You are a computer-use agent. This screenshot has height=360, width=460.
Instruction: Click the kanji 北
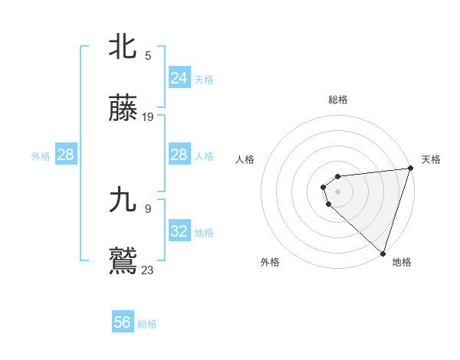click(123, 47)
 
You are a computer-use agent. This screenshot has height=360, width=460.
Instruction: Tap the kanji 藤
click(123, 110)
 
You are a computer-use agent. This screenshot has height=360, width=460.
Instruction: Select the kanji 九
click(123, 200)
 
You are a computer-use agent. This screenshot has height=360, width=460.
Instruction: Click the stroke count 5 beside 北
click(148, 55)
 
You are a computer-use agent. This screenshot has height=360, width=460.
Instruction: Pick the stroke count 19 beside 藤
click(148, 117)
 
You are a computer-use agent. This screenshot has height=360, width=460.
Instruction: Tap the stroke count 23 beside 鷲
click(148, 270)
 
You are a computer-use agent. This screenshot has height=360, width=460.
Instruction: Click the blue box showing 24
click(179, 77)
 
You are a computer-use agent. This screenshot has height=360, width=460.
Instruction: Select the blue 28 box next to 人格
click(179, 155)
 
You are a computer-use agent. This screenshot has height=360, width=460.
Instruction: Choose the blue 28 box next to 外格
click(66, 155)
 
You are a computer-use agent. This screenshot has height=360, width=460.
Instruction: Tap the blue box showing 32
click(179, 231)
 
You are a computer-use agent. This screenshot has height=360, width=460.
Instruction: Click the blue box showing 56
click(123, 322)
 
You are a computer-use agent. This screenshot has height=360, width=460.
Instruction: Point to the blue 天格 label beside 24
click(204, 79)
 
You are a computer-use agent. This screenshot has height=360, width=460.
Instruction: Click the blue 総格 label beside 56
click(147, 324)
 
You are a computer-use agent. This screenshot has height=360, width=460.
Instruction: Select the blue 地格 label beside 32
click(204, 232)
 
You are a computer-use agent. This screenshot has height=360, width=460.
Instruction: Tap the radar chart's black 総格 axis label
click(338, 100)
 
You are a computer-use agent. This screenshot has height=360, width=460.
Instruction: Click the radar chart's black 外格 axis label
click(270, 262)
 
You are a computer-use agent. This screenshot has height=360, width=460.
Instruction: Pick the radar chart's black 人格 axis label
click(245, 159)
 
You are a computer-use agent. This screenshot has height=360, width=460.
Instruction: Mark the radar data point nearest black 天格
click(409, 169)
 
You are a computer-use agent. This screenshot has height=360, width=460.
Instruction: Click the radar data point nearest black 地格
click(382, 253)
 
